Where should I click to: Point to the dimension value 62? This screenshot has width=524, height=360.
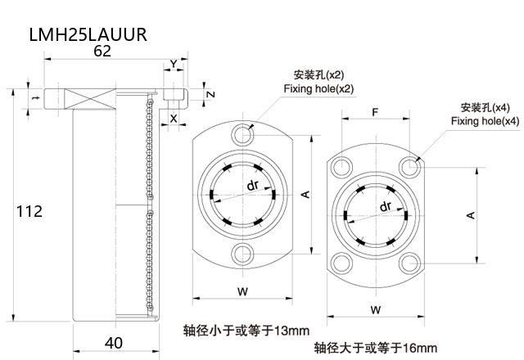(103, 51)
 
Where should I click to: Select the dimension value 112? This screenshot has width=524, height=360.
(29, 211)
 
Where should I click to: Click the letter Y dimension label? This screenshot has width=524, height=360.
(173, 64)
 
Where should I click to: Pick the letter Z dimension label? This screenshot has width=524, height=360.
(210, 94)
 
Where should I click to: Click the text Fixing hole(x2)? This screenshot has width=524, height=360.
(318, 88)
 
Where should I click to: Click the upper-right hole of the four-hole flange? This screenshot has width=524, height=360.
(410, 168)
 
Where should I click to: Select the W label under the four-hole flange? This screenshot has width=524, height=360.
(374, 310)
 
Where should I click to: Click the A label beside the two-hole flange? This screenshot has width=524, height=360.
(305, 194)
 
